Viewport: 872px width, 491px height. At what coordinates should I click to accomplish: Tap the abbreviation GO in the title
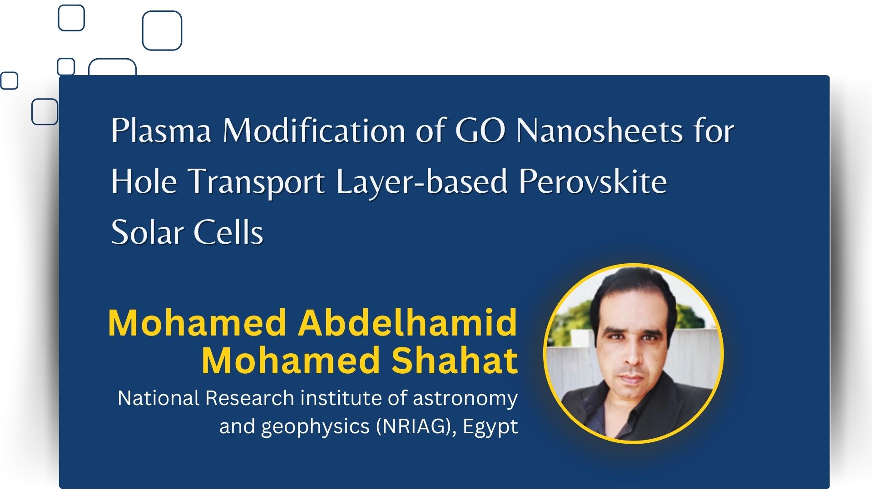point(480,131)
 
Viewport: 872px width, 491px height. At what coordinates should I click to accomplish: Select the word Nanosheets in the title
point(599,131)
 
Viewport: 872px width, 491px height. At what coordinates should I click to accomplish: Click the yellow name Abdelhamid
point(407,322)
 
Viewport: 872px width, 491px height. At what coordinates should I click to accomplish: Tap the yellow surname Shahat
point(455,361)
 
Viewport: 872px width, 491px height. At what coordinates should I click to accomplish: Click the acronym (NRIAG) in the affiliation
point(416,426)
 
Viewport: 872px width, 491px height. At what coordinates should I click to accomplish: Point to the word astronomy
point(465,399)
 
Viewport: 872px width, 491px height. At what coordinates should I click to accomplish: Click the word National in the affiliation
point(159,398)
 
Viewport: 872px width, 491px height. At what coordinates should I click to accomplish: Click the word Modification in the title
point(314,131)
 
